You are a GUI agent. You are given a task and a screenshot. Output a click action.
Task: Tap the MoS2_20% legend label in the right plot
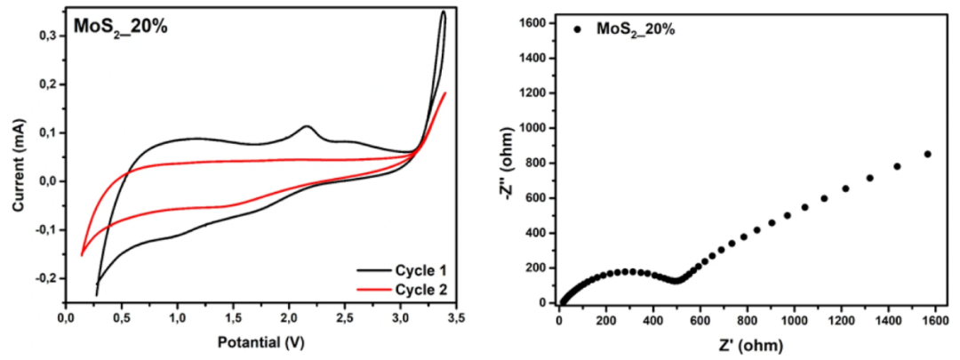[636, 29]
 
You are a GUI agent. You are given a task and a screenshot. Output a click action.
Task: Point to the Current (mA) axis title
[19, 159]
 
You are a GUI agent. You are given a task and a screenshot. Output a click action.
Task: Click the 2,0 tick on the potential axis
[290, 317]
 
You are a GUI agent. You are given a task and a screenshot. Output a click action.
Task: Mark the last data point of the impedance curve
[927, 154]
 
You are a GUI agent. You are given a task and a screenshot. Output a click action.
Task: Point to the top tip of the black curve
[443, 12]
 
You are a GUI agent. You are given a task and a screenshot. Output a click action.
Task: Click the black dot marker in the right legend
[578, 29]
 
